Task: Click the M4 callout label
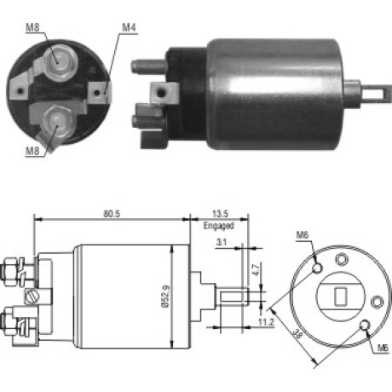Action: point(129,28)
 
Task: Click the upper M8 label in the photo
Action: point(32,28)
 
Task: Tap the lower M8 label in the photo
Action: point(32,151)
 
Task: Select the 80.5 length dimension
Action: point(112,214)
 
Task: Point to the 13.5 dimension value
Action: point(220,214)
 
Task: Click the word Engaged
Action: point(218,226)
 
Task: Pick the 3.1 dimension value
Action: point(222,242)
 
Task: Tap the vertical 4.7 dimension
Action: point(256,270)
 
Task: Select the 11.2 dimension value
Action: point(266,322)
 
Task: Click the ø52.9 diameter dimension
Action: point(165,297)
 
